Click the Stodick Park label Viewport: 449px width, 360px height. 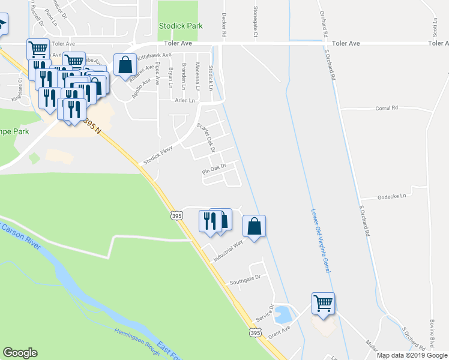coord(177,26)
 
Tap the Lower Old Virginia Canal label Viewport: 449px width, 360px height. coord(321,241)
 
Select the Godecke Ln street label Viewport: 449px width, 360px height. coord(391,196)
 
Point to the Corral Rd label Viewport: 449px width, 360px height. coord(387,108)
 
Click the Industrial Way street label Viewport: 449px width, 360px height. coord(228,251)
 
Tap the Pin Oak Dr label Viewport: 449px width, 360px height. coord(213,169)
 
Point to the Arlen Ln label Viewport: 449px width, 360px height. coord(185,100)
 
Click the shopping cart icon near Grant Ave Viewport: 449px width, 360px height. coord(323,302)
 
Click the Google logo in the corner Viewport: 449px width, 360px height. coord(20,353)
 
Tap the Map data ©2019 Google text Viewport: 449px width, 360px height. coord(412,355)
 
